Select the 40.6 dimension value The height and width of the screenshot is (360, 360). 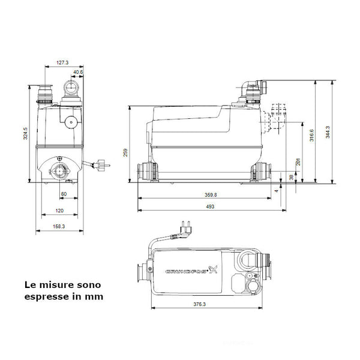(x=77, y=73)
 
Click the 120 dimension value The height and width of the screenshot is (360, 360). (x=59, y=211)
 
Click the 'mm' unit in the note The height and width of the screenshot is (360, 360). (x=95, y=296)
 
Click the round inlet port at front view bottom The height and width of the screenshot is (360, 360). (x=61, y=170)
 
